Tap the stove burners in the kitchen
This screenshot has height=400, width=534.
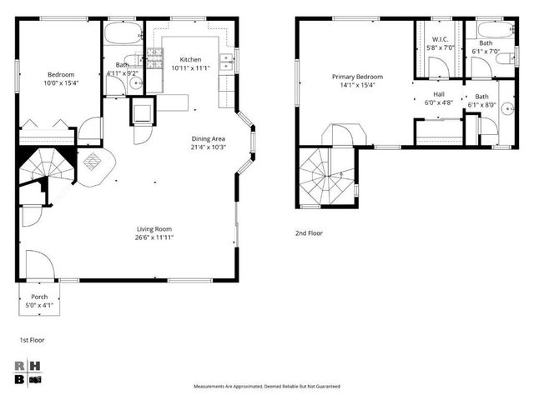click(x=154, y=57)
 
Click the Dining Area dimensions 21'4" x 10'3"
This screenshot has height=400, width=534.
click(x=208, y=147)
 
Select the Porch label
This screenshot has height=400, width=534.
click(x=39, y=297)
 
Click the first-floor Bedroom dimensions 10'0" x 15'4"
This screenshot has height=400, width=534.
click(x=60, y=82)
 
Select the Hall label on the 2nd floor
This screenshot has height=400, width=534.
click(x=439, y=95)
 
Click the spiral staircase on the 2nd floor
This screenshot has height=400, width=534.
click(x=328, y=176)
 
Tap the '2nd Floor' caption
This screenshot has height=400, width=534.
click(x=309, y=233)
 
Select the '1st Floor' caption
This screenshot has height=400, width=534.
click(x=31, y=341)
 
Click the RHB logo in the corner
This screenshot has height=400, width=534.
click(x=29, y=372)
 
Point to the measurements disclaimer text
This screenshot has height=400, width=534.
click(x=267, y=387)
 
